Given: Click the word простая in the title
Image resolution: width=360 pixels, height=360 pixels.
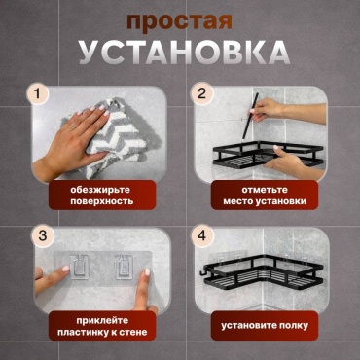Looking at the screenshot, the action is pos(180,23).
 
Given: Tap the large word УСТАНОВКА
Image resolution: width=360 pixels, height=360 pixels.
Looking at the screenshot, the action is pos(185,53).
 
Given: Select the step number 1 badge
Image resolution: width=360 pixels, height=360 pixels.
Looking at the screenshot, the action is pos(37,94).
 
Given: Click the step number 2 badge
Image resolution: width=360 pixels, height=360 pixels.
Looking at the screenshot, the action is pos(201,94).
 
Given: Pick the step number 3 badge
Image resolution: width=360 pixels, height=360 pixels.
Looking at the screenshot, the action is pos(43,235).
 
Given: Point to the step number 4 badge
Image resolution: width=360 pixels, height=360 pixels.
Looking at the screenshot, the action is pos(201,235).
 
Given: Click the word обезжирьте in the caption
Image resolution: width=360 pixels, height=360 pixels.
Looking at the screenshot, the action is pos(102,190).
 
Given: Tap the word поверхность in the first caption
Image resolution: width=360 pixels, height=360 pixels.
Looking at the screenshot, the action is pos(102,201).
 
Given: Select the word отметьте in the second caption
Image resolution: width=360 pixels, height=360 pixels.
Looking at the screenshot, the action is pos(265,190).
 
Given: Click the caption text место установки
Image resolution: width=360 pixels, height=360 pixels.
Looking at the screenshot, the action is pos(265,201).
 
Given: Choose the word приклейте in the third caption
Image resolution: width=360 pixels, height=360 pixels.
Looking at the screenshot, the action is pos(102,321).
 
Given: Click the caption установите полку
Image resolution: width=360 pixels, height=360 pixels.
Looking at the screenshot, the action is pos(265,326).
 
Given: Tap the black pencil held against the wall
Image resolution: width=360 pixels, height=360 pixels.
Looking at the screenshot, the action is pos(250,116).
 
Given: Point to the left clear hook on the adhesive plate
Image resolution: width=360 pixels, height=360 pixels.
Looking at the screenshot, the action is pos(79,267).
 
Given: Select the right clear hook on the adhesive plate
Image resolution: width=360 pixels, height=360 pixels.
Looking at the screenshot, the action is pos(124,267).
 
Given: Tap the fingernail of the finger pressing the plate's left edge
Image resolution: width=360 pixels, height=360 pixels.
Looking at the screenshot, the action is pos(66,269).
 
